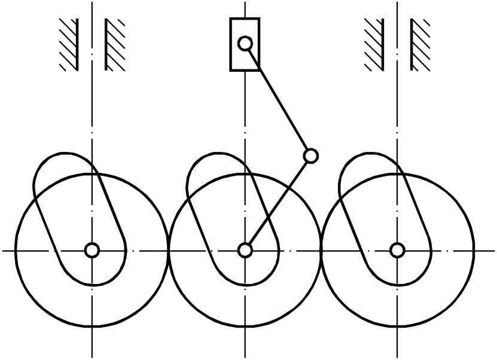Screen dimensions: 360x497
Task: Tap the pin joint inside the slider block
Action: (x=245, y=43)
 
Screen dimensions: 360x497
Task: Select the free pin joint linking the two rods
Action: (x=310, y=156)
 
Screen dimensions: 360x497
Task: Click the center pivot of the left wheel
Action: (x=92, y=250)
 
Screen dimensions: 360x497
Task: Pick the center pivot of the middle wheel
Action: (x=245, y=250)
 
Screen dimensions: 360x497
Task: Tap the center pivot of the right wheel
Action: (x=398, y=250)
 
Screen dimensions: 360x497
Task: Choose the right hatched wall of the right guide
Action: (x=419, y=45)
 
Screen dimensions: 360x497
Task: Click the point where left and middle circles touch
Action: (x=168, y=250)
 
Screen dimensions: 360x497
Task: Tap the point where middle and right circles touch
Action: (x=321, y=250)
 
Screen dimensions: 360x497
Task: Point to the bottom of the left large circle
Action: (x=92, y=327)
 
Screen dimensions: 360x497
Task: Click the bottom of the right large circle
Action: (x=398, y=327)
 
